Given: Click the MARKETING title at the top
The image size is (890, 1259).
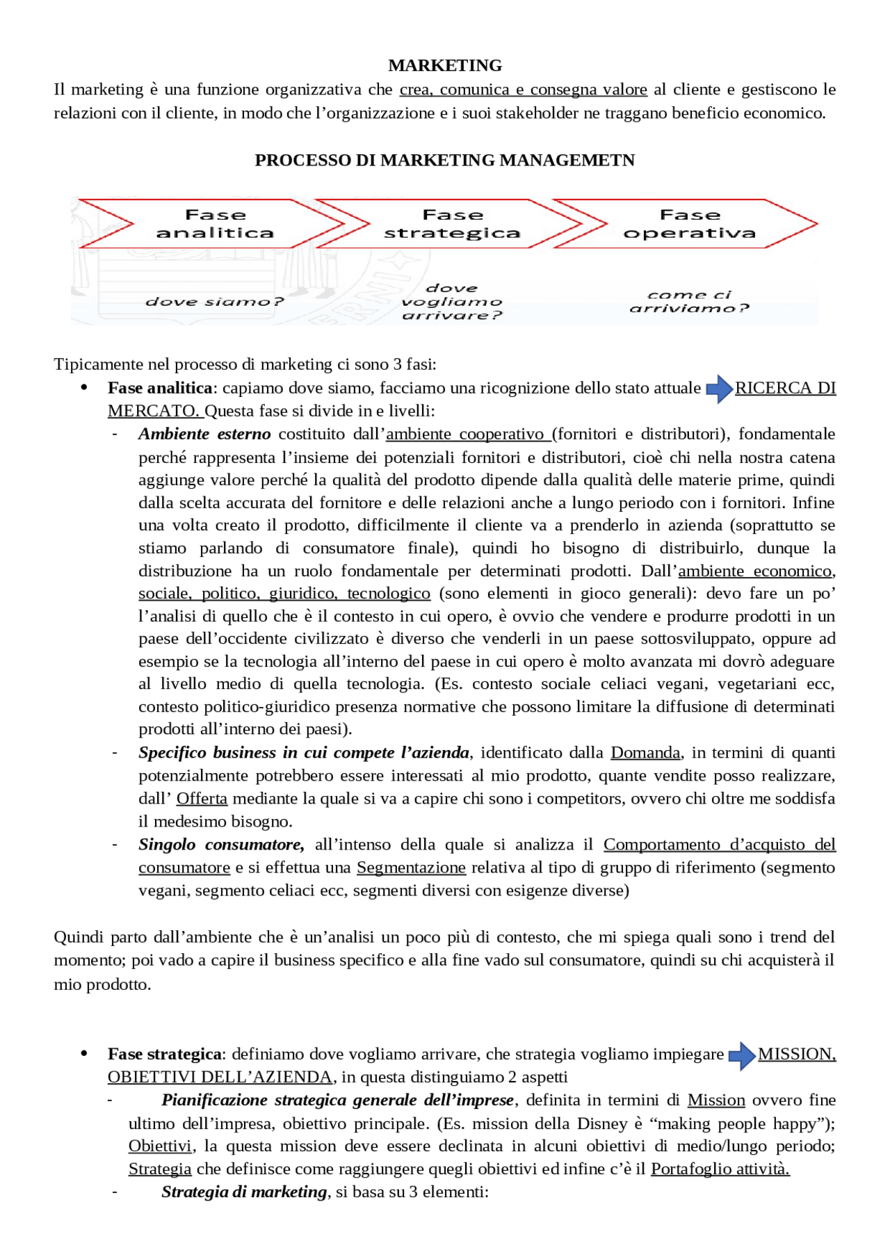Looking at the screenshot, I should click(x=445, y=65).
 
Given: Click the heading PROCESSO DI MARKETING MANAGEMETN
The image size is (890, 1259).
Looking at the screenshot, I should click(x=445, y=160).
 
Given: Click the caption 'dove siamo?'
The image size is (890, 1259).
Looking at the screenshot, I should click(x=214, y=302).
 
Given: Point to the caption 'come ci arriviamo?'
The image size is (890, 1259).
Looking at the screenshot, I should click(x=690, y=302).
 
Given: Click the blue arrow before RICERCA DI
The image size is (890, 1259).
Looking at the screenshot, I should click(x=719, y=389).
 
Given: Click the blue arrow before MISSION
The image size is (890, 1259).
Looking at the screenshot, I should click(x=742, y=1055).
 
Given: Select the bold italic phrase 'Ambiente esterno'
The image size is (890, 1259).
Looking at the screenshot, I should click(x=204, y=434).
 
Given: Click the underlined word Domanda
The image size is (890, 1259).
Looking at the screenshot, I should click(x=645, y=753).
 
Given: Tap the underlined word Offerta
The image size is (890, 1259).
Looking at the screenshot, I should click(x=202, y=799).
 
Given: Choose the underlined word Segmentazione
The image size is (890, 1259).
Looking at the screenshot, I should click(x=411, y=868).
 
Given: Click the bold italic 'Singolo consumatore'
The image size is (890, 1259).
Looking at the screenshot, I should click(x=221, y=845).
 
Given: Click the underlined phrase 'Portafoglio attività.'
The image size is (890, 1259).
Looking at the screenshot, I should click(x=720, y=1169).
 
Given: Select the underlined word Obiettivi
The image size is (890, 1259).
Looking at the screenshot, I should click(x=160, y=1146).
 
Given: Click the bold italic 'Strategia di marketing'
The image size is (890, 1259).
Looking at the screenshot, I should click(x=244, y=1192).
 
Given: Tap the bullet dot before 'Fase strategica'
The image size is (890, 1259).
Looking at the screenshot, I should click(x=84, y=1054).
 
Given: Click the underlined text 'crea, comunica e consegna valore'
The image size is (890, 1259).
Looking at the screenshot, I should click(x=523, y=90).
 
